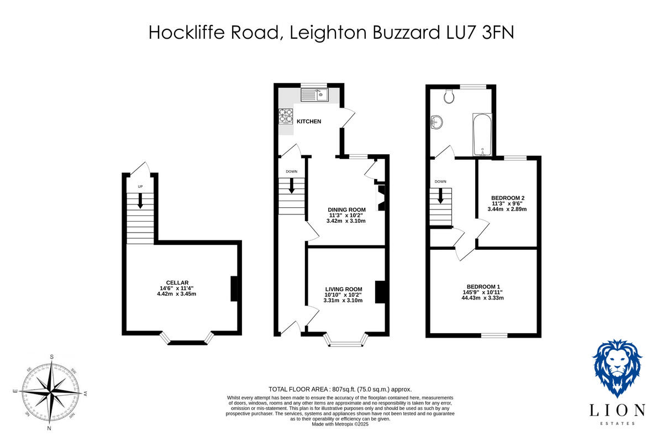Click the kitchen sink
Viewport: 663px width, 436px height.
click(314, 95)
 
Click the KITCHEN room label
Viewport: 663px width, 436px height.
click(309, 122)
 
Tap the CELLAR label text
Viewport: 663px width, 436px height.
click(177, 282)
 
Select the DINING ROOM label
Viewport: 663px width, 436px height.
click(346, 209)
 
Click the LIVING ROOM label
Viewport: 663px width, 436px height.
click(343, 289)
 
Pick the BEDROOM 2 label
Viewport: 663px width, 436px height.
click(508, 198)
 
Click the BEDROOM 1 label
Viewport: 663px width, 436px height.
click(485, 286)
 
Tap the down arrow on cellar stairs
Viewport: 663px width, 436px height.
click(140, 200)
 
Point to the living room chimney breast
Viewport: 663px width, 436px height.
click(380, 292)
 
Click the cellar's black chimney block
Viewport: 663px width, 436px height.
click(234, 288)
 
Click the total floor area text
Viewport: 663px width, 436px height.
click(340, 389)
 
